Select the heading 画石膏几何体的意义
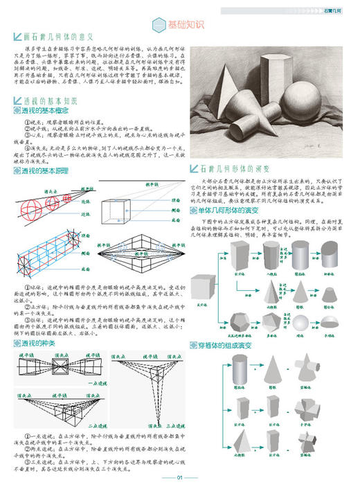(x=63, y=35)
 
